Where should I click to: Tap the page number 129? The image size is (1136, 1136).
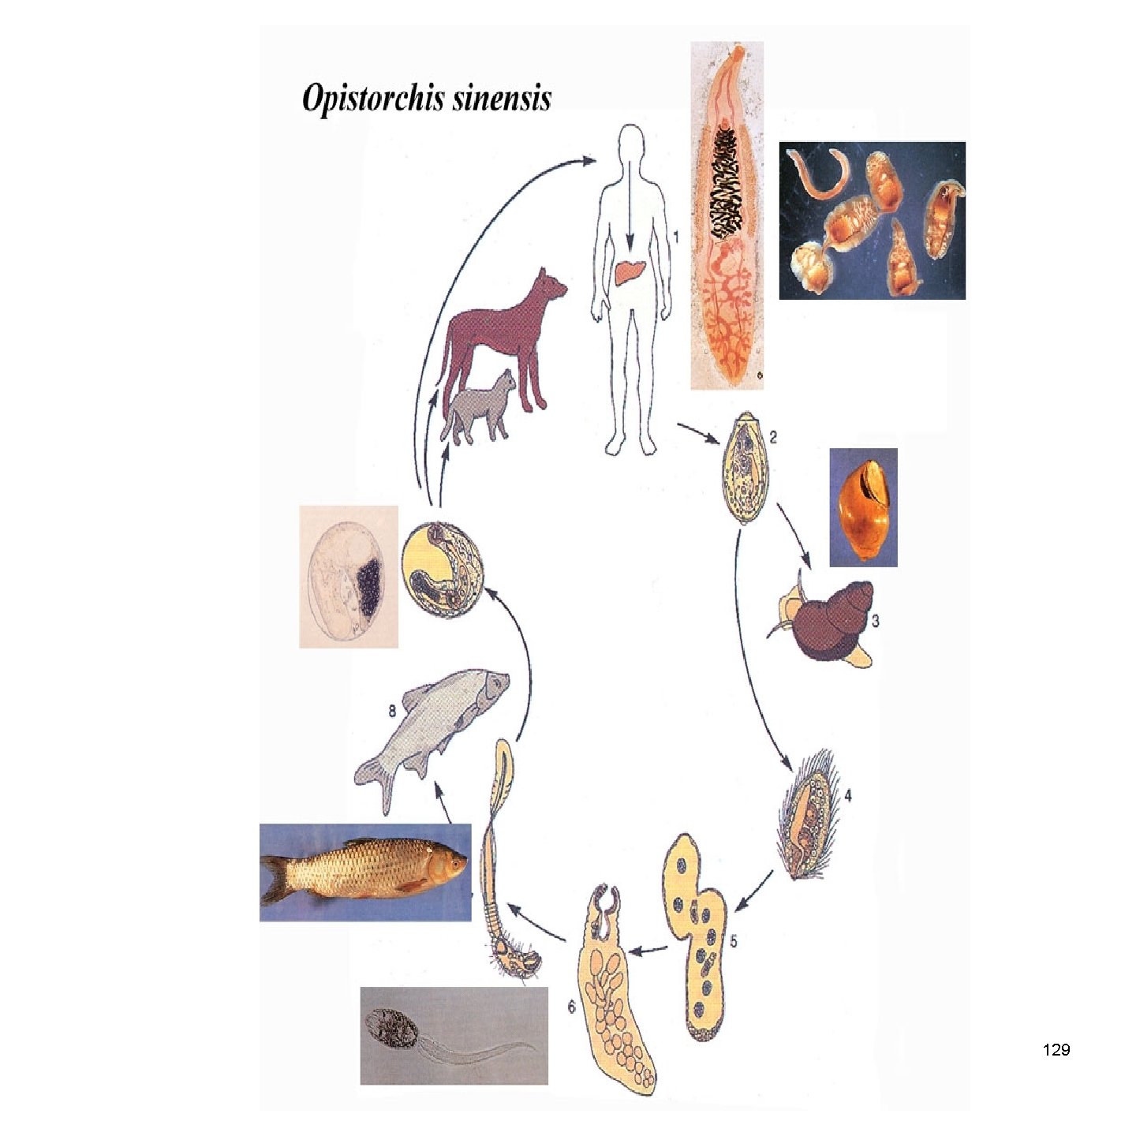coord(1056,1050)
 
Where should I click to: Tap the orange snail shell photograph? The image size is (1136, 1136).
coord(864,507)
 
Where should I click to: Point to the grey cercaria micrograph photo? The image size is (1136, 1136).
coord(454,1035)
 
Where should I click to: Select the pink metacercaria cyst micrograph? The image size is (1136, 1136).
coord(349,577)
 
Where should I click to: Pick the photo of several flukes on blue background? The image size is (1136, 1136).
coord(872,220)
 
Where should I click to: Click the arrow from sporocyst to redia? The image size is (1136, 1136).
coord(650,951)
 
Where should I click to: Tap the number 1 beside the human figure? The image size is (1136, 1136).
coord(675,235)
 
